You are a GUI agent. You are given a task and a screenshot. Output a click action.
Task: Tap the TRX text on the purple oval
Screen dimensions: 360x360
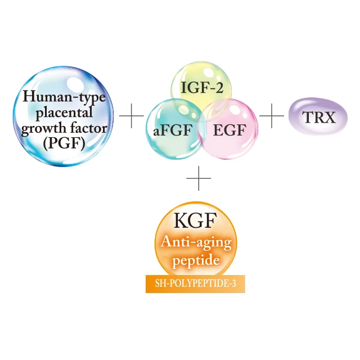(318, 118)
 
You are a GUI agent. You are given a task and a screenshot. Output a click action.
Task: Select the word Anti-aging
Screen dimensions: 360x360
(195, 243)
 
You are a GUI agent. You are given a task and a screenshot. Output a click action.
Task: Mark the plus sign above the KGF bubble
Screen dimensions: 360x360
(198, 180)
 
